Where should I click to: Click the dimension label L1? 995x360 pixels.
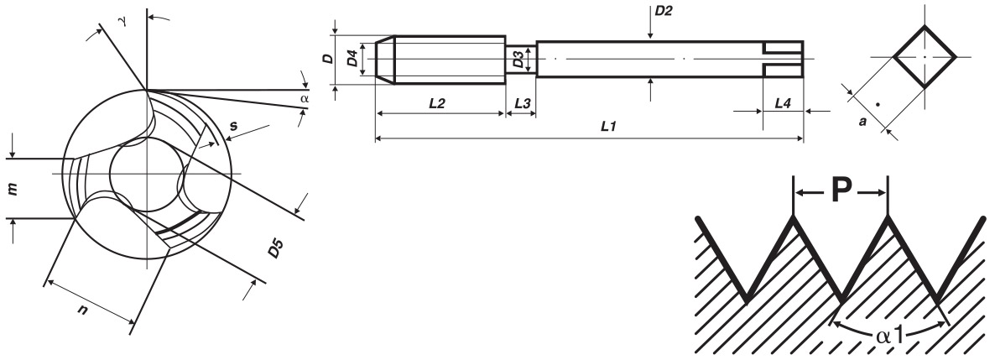(x=608, y=127)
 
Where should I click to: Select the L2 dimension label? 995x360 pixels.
(x=436, y=103)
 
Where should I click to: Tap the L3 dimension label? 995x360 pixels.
(x=522, y=103)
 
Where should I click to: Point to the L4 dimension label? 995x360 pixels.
(x=783, y=103)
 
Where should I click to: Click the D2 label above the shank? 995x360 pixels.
(x=663, y=11)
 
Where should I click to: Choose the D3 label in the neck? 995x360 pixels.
(x=518, y=60)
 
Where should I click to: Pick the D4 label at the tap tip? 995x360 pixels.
(x=352, y=59)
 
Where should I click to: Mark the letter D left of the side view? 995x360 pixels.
(x=327, y=59)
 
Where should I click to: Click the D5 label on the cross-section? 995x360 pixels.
(x=275, y=248)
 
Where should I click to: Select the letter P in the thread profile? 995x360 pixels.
(x=840, y=191)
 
